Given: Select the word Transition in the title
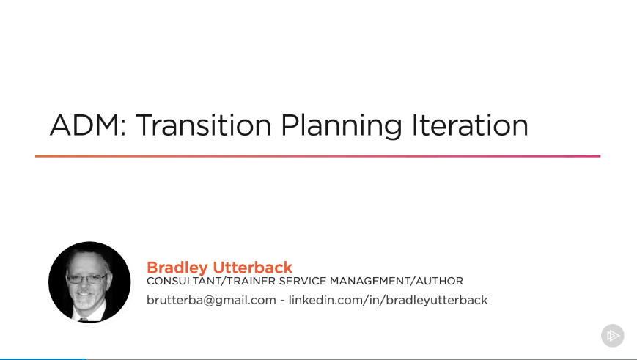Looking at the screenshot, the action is (203, 125).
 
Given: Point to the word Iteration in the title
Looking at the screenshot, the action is (470, 125).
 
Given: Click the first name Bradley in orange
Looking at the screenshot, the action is (177, 268).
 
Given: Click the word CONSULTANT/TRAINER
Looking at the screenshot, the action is (211, 281).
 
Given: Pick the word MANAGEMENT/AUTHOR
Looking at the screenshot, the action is (396, 281).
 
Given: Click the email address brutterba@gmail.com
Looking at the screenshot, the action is (211, 301).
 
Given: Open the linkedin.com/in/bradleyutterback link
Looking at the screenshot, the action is (388, 301).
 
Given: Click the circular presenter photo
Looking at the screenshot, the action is (89, 282).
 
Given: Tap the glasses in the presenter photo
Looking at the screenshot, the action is (86, 279).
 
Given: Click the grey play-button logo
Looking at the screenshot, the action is (613, 336).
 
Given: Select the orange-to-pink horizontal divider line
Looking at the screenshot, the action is (317, 156).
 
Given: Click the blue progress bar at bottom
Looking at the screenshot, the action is (43, 359).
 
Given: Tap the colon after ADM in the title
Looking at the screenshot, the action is (122, 128).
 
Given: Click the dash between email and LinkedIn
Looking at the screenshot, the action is (282, 301).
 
